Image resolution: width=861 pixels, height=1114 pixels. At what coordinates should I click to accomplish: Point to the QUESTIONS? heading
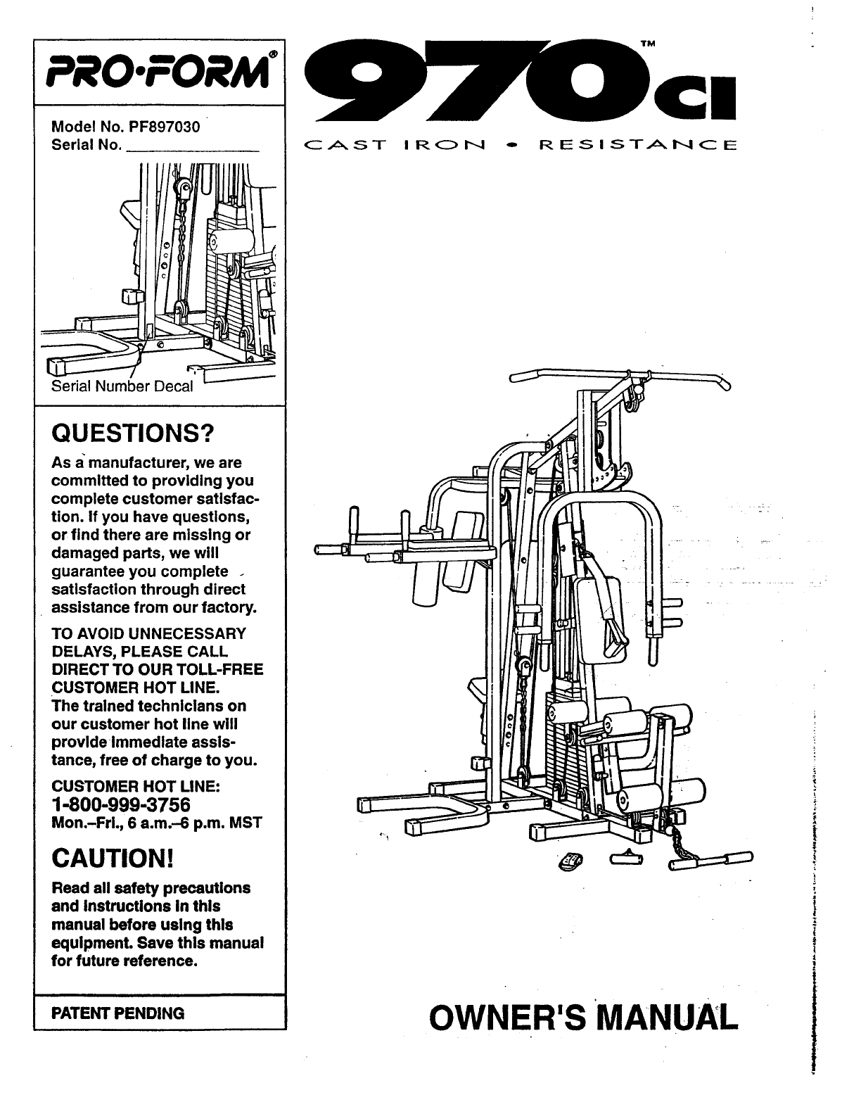pyautogui.click(x=132, y=433)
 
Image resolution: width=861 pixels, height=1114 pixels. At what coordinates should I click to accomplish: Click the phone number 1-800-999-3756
pyautogui.click(x=121, y=804)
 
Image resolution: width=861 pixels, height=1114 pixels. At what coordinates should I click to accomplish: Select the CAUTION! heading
pyautogui.click(x=112, y=859)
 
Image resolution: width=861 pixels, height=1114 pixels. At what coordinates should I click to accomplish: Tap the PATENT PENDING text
pyautogui.click(x=118, y=1013)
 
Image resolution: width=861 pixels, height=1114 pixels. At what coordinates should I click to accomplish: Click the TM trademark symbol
pyautogui.click(x=649, y=44)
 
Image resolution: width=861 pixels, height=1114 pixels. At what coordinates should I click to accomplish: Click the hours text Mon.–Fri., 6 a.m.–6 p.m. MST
pyautogui.click(x=157, y=823)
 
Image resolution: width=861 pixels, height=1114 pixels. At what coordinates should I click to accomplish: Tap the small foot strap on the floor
pyautogui.click(x=570, y=860)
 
